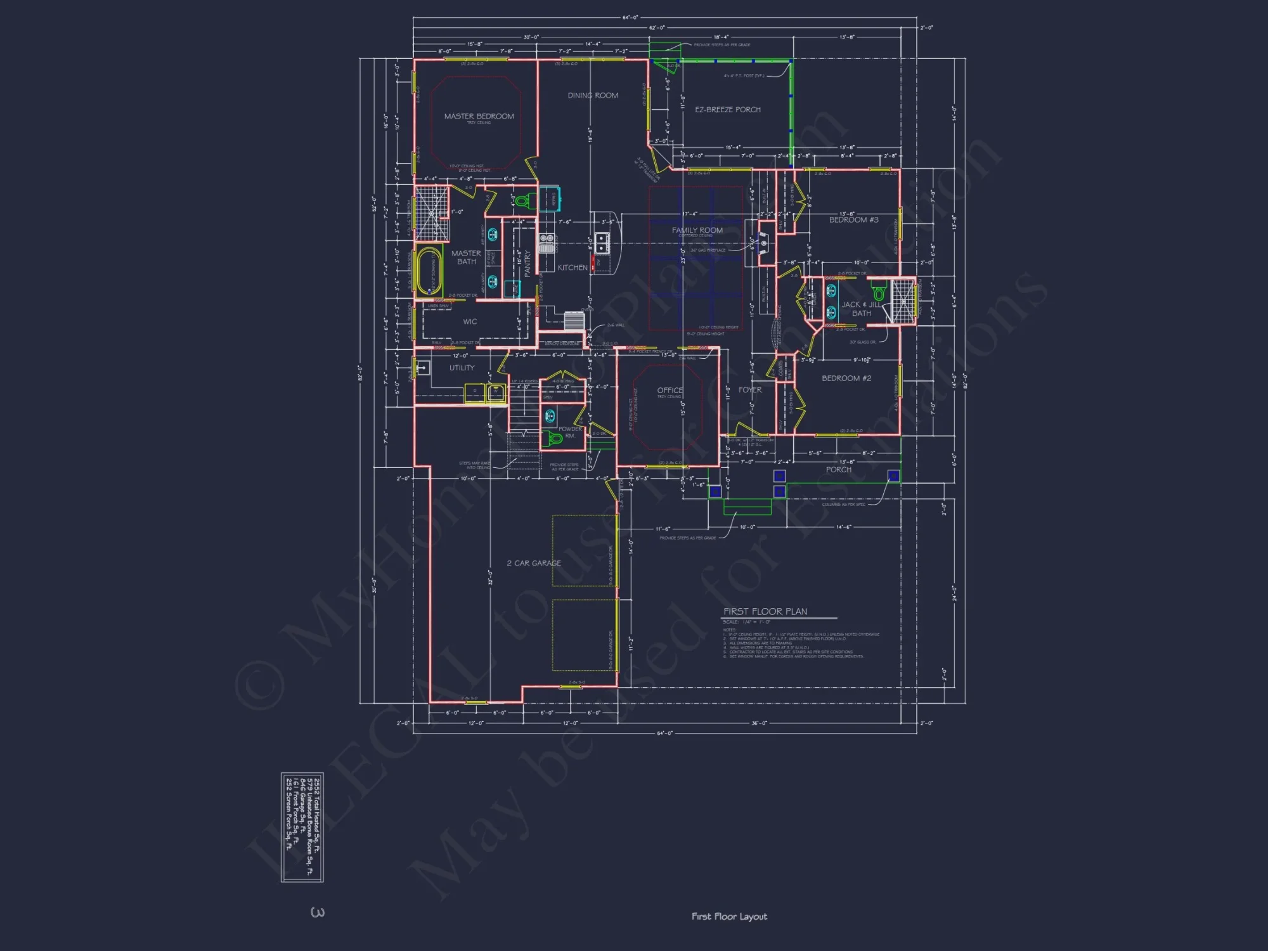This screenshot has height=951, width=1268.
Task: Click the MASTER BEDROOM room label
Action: (x=479, y=117)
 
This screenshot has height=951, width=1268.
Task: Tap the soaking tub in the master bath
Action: (x=429, y=271)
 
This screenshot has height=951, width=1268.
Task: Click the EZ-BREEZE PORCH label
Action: (x=727, y=110)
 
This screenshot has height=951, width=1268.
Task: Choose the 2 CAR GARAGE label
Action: (x=533, y=563)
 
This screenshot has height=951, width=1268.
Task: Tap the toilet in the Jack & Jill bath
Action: (x=879, y=293)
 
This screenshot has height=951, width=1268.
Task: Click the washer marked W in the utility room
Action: (x=496, y=392)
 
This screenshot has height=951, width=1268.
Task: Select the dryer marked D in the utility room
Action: (x=475, y=392)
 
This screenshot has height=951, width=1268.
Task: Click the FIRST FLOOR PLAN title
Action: (x=765, y=612)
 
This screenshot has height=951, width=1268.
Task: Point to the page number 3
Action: (x=318, y=912)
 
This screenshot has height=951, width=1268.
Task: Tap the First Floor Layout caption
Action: (x=729, y=917)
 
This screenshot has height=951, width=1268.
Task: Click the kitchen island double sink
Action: (x=602, y=243)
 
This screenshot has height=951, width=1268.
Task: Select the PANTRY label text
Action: (x=527, y=263)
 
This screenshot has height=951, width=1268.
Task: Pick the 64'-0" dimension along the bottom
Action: (x=664, y=733)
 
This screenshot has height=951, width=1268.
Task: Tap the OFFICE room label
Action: (x=670, y=391)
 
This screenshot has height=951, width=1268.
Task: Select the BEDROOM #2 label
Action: (x=846, y=378)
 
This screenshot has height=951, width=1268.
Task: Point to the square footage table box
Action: (x=302, y=827)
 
